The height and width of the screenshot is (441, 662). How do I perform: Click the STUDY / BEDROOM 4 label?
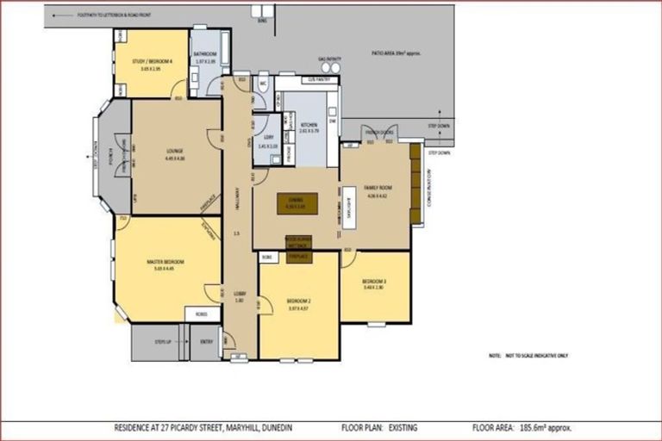coord(152,61)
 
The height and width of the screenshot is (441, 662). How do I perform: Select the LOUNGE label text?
coord(175,152)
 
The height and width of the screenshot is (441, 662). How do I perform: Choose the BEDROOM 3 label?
coord(374,283)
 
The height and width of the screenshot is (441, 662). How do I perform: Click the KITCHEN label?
coord(309,126)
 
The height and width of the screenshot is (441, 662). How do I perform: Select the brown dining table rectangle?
coord(297,204)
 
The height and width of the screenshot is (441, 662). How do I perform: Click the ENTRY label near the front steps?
coord(206,342)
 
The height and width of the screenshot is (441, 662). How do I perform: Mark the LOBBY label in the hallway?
coord(240,295)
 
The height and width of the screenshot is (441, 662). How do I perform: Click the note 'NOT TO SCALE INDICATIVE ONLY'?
coord(528,355)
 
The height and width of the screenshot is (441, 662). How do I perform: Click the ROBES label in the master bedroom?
coord(200,314)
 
